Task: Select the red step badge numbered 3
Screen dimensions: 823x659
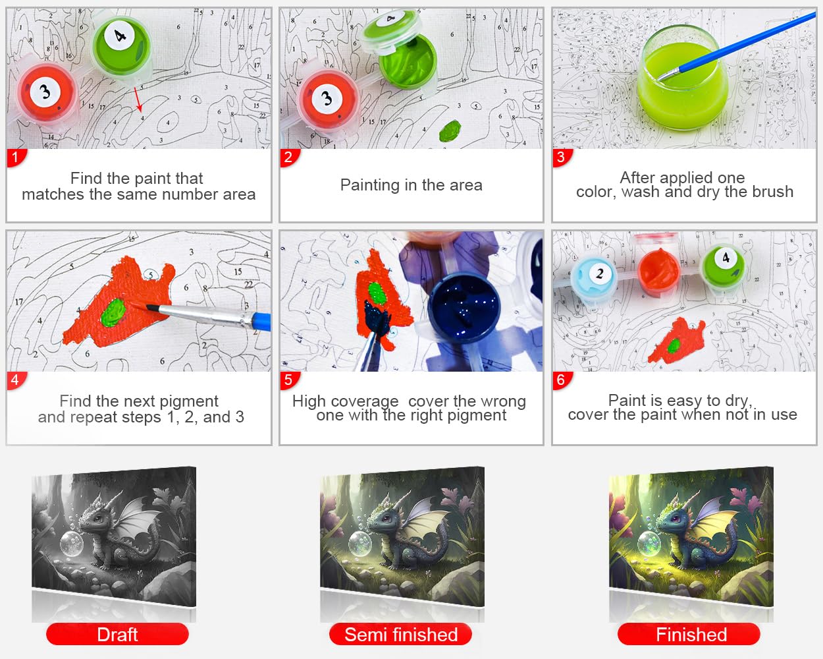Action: (562, 158)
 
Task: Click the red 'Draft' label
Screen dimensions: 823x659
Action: (117, 634)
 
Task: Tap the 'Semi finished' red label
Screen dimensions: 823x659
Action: (401, 634)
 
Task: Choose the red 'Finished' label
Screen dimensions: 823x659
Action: (689, 634)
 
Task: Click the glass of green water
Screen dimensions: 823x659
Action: (683, 78)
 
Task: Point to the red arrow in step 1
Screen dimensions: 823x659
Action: (138, 100)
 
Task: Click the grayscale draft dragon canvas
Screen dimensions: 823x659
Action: (114, 536)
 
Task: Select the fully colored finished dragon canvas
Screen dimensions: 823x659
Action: (691, 536)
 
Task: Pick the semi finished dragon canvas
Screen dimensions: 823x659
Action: (402, 536)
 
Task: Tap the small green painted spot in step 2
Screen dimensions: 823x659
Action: (450, 130)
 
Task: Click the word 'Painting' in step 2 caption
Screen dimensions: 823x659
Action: (370, 185)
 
